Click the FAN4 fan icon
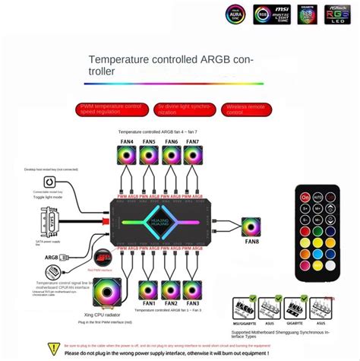[126, 155]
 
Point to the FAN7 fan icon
[193, 155]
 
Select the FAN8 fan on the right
[252, 227]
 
